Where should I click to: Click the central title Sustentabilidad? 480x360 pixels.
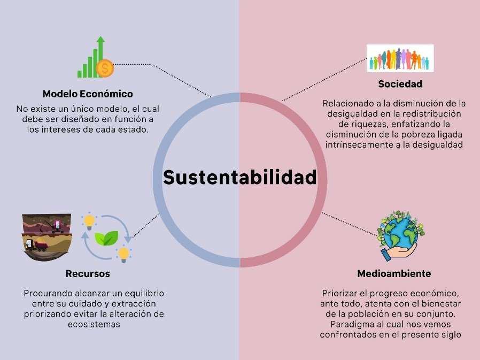click(x=240, y=178)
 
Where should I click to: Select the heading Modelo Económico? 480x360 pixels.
click(x=88, y=94)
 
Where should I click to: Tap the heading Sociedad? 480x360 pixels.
click(x=400, y=84)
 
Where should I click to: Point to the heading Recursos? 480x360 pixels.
click(x=88, y=274)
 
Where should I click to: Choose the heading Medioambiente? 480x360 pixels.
click(x=394, y=274)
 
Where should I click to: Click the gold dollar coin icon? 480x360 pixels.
click(x=105, y=68)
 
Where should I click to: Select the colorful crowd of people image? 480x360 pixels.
click(x=400, y=58)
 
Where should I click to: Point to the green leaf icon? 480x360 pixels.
click(x=106, y=238)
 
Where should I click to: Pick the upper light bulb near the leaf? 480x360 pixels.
click(x=89, y=220)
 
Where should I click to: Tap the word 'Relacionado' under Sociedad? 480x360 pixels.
click(x=348, y=103)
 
